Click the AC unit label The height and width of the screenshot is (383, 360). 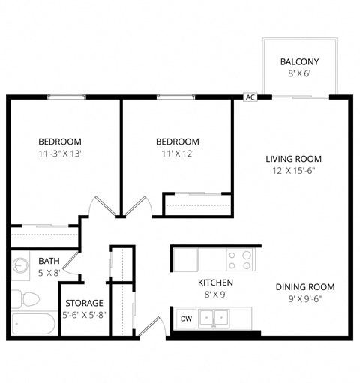(x=250, y=97)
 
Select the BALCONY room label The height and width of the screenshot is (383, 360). (x=299, y=61)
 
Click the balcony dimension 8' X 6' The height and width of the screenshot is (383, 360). (x=299, y=75)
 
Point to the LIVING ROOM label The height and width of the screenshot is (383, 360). (x=293, y=159)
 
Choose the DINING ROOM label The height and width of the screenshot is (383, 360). (x=304, y=287)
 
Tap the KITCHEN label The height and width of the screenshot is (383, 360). (x=215, y=283)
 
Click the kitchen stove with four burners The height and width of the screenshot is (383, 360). (x=239, y=260)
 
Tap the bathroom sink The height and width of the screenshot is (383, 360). (x=20, y=266)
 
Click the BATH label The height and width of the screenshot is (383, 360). (x=49, y=261)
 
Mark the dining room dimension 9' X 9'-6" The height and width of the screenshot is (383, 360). (x=304, y=300)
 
